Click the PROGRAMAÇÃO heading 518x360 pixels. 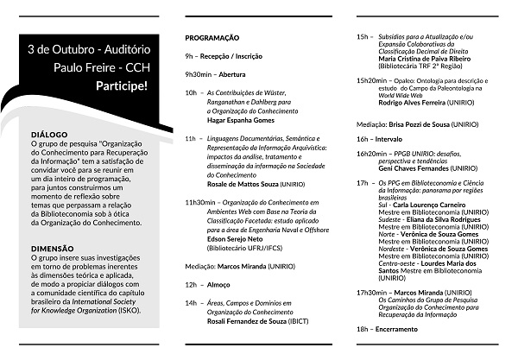click(x=212, y=39)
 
